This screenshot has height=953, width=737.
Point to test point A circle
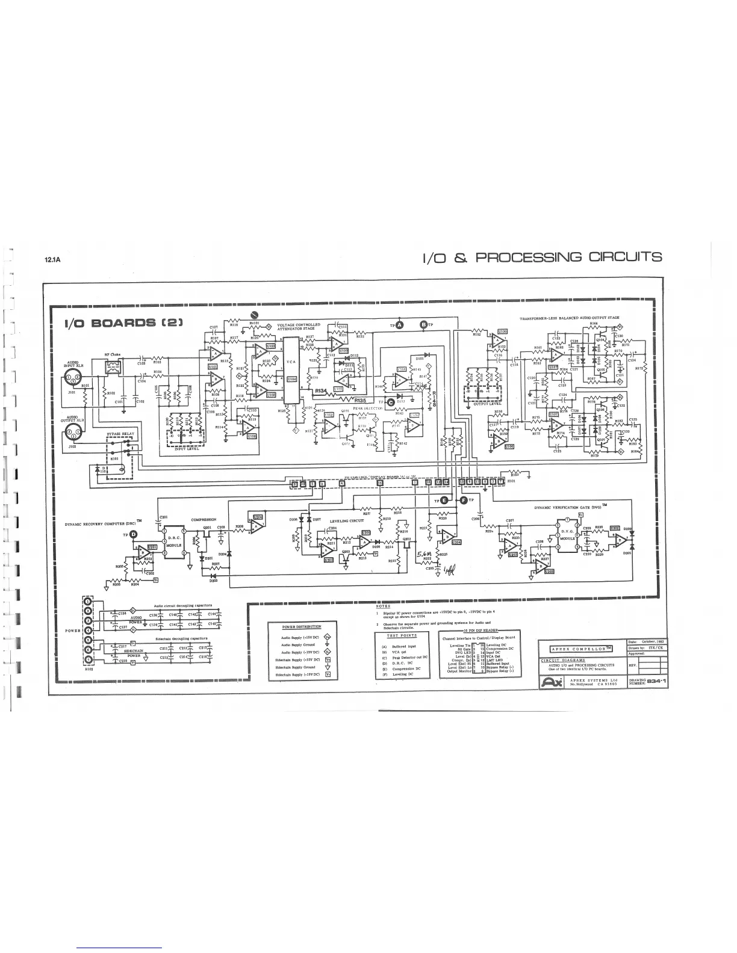tap(400, 325)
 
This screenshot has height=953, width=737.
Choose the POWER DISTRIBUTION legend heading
tap(306, 627)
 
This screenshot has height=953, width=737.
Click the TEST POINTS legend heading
tap(402, 635)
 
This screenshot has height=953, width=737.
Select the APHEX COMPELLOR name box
tap(581, 648)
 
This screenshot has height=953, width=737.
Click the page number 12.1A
tap(54, 261)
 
